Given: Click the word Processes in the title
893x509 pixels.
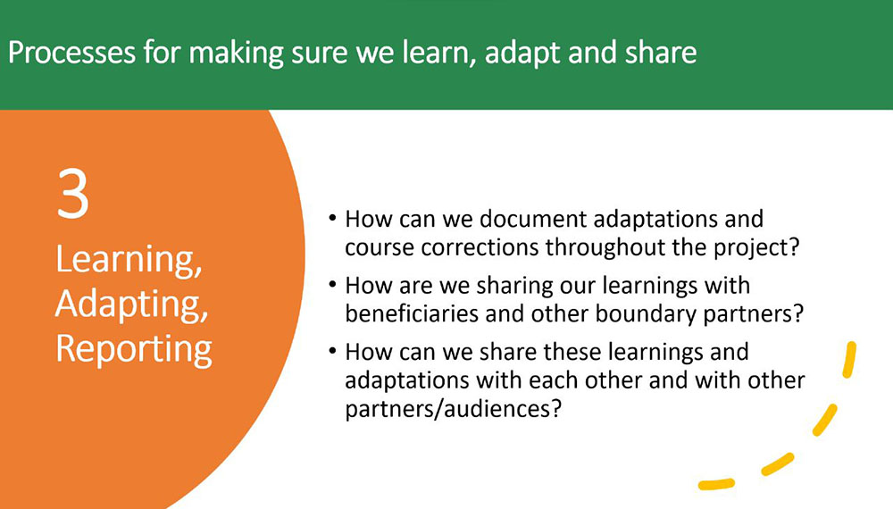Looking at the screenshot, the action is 71,53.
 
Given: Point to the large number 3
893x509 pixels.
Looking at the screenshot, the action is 73,194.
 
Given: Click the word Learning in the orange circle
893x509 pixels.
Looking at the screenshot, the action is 129,260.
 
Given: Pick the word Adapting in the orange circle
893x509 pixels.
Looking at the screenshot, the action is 131,305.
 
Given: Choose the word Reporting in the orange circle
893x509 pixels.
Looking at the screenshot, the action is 134,349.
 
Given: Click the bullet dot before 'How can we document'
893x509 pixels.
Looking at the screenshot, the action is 332,218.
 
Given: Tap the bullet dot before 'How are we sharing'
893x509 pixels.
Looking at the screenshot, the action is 332,284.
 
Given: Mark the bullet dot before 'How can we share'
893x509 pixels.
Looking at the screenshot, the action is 332,351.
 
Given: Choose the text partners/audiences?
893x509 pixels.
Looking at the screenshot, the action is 454,409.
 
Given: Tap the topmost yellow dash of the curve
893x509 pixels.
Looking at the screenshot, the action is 849,359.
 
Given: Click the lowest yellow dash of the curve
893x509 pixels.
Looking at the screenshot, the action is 716,485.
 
